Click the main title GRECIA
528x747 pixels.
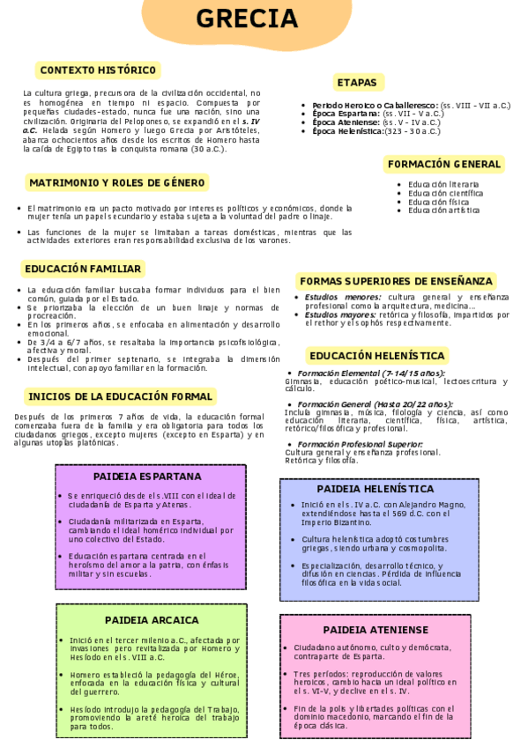[259, 18]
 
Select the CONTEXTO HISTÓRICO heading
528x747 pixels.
[97, 70]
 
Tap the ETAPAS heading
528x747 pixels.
[356, 83]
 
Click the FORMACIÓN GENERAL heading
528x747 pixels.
[444, 164]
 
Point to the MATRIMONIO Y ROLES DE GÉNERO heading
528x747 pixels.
[117, 182]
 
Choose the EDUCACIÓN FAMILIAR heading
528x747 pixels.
[82, 269]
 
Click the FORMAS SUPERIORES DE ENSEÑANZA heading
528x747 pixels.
[397, 281]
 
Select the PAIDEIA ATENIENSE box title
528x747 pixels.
[375, 630]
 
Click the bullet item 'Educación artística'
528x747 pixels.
[444, 211]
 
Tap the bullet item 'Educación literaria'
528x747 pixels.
[444, 184]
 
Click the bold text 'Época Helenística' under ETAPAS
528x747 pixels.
[347, 131]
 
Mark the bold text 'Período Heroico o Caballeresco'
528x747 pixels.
[375, 105]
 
